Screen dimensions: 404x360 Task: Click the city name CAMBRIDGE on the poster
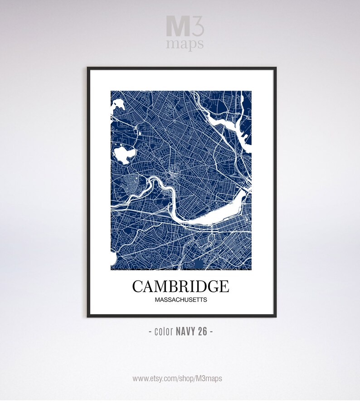click(x=180, y=287)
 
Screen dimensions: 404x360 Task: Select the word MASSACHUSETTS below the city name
click(x=180, y=300)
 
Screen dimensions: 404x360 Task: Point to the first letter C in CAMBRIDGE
click(x=138, y=287)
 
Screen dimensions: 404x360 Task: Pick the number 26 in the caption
click(x=202, y=331)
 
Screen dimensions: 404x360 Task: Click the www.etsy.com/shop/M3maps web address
click(x=177, y=378)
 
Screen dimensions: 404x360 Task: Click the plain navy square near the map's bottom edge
click(x=198, y=265)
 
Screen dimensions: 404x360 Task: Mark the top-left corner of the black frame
click(x=88, y=68)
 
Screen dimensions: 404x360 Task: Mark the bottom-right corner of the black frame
click(x=275, y=316)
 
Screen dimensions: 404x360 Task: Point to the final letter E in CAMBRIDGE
click(x=224, y=287)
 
